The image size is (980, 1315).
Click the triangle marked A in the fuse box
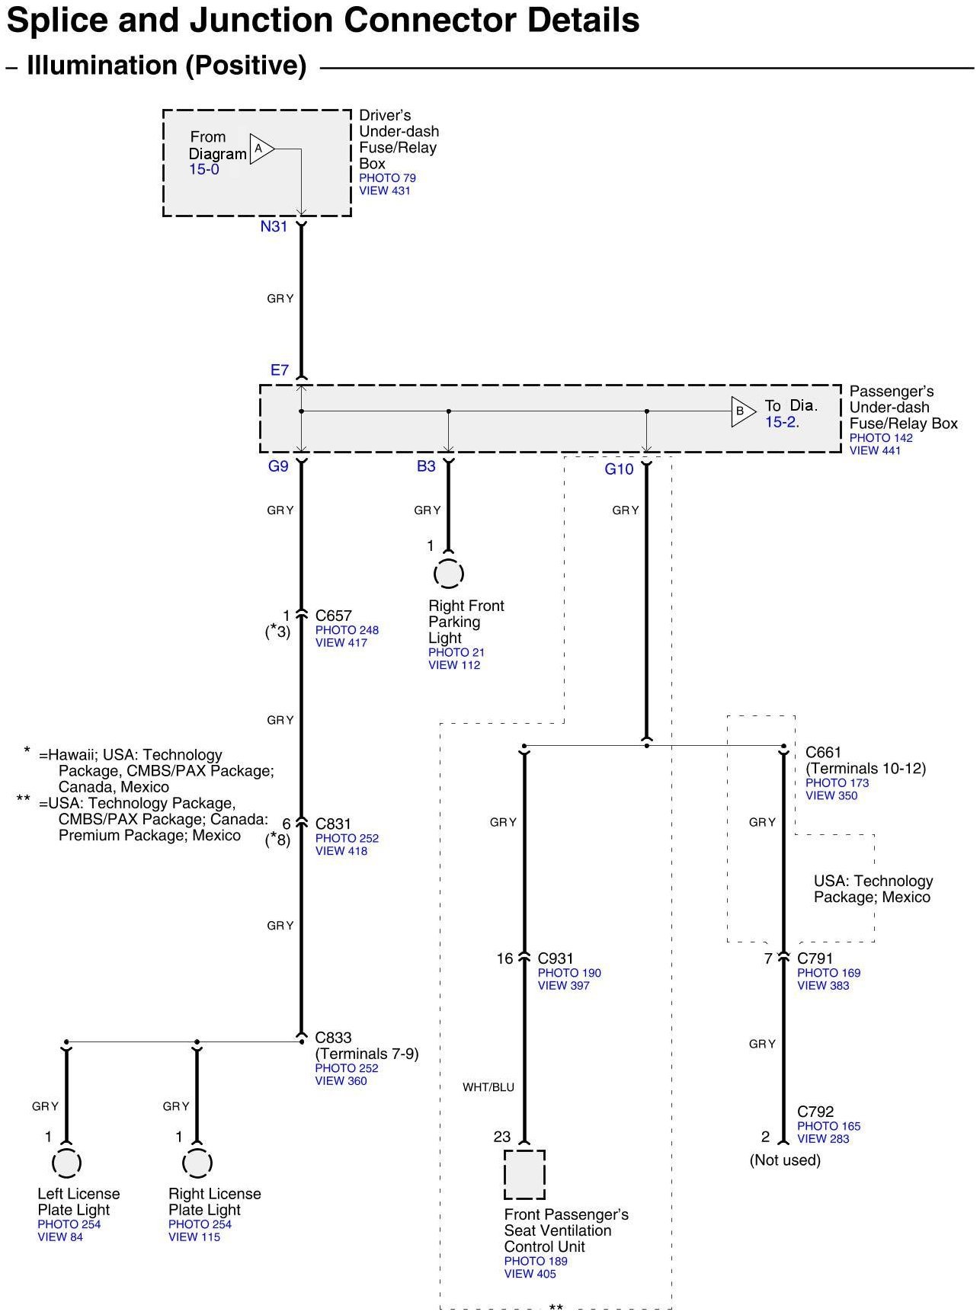(261, 149)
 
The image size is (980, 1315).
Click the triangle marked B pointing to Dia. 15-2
(742, 411)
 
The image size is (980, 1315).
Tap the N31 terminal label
(274, 226)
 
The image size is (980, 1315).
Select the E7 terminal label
(280, 370)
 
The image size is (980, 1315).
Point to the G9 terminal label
(278, 466)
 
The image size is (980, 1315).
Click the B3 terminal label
(426, 466)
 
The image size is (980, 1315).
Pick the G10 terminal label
(619, 469)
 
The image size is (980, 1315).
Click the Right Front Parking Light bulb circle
(448, 574)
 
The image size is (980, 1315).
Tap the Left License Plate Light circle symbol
(66, 1163)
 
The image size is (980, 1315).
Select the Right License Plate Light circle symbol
(197, 1163)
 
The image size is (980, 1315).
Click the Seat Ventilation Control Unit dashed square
(524, 1175)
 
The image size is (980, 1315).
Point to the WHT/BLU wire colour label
(488, 1087)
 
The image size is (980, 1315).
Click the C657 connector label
(333, 616)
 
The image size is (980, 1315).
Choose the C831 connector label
(333, 824)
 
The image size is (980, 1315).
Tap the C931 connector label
(556, 958)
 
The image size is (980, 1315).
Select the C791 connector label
(815, 958)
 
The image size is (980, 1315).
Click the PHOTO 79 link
(387, 178)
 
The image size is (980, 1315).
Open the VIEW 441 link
(875, 450)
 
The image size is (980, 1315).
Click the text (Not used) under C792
(785, 1160)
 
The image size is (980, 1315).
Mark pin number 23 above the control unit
(502, 1137)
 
